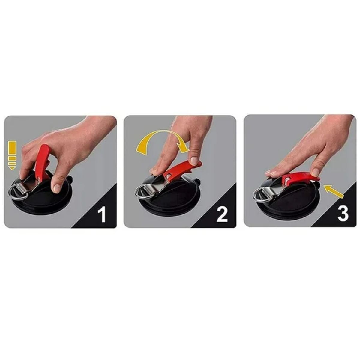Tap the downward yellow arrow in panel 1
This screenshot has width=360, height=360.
pyautogui.click(x=12, y=155)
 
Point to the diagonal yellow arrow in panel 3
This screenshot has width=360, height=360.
pyautogui.click(x=334, y=191)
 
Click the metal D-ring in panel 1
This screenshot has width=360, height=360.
pyautogui.click(x=16, y=194)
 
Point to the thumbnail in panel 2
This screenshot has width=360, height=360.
pyautogui.click(x=195, y=161)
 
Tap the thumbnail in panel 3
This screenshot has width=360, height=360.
pyautogui.click(x=315, y=172)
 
